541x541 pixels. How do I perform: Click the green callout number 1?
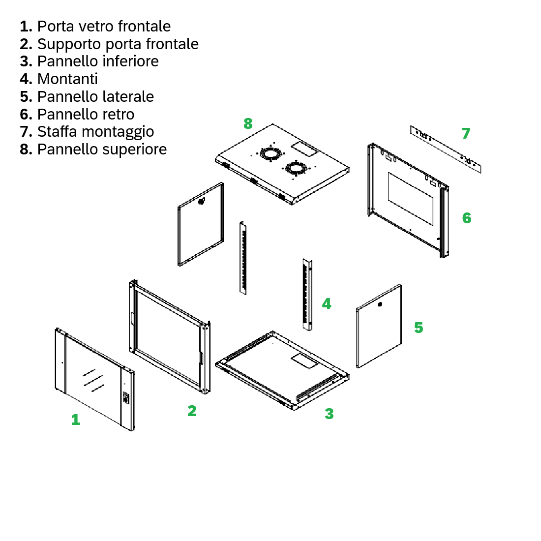coord(76,420)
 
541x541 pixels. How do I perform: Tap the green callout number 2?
coord(192,411)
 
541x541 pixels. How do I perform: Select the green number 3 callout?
coord(329,413)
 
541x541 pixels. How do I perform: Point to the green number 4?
coord(327,303)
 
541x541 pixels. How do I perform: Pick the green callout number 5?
coord(419,328)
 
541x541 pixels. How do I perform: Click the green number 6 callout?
coord(467,218)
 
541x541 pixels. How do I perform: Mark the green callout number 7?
coord(466,133)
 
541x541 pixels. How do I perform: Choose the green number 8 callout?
coord(248,123)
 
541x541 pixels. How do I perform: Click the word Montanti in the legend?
coord(68,79)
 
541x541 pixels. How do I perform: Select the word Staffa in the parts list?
coord(57,131)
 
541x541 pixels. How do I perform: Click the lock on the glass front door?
coord(126,398)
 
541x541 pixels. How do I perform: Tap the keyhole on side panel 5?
coord(380,304)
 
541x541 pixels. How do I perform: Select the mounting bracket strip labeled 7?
coord(446,149)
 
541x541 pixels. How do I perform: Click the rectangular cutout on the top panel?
coord(304,149)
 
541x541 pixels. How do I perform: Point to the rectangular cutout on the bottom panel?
coord(304,361)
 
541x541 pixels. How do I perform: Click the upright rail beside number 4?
coord(307,294)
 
